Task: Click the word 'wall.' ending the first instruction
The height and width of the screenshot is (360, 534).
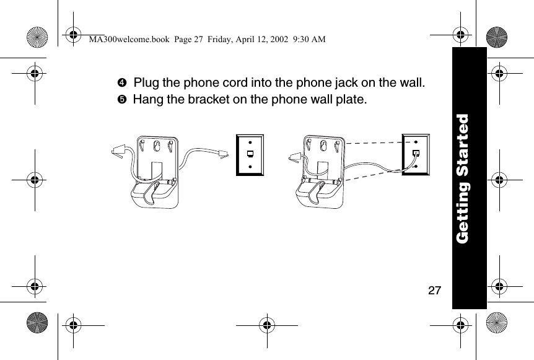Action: tap(410, 83)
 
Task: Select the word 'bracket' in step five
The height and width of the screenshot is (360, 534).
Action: tap(208, 99)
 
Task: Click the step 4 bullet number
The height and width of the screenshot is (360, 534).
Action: tap(123, 83)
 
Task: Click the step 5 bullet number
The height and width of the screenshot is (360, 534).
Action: tap(123, 99)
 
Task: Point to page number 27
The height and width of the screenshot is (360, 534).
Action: tap(435, 289)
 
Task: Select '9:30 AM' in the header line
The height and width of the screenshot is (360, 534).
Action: tap(308, 40)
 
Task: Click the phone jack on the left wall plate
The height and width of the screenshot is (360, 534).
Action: tap(250, 154)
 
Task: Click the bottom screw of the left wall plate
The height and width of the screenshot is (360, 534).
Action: tap(250, 165)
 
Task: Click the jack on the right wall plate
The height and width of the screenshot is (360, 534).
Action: tap(416, 152)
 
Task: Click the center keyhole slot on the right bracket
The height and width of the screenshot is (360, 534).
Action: tap(323, 144)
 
